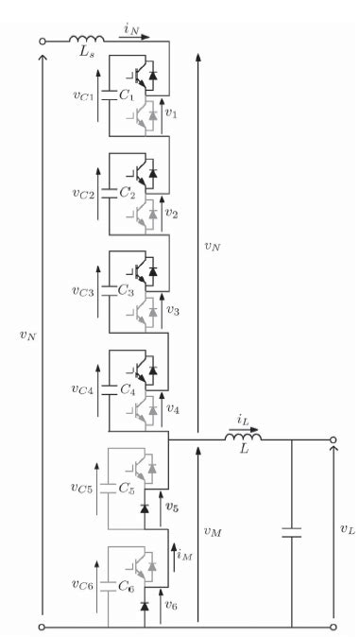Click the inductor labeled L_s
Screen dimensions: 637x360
[x=86, y=39]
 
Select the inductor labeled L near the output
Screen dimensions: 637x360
[x=243, y=437]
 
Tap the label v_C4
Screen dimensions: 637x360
[x=82, y=389]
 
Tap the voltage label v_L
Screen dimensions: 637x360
[x=346, y=531]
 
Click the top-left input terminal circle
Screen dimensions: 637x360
[x=42, y=41]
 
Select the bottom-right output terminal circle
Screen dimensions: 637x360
[x=333, y=626]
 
